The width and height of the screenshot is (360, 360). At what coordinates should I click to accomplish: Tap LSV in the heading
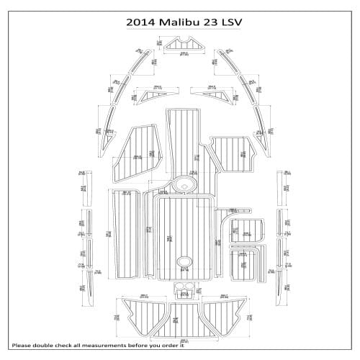pyautogui.click(x=230, y=22)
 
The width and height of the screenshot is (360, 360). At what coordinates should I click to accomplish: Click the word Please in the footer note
pyautogui.click(x=23, y=344)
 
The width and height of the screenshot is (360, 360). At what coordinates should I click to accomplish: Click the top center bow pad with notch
pyautogui.click(x=184, y=48)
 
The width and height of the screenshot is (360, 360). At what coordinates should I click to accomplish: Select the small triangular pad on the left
pyautogui.click(x=152, y=96)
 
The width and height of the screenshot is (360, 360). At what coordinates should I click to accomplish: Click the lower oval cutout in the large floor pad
pyautogui.click(x=184, y=261)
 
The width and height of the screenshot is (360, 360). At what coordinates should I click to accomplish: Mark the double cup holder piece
pyautogui.click(x=184, y=289)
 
